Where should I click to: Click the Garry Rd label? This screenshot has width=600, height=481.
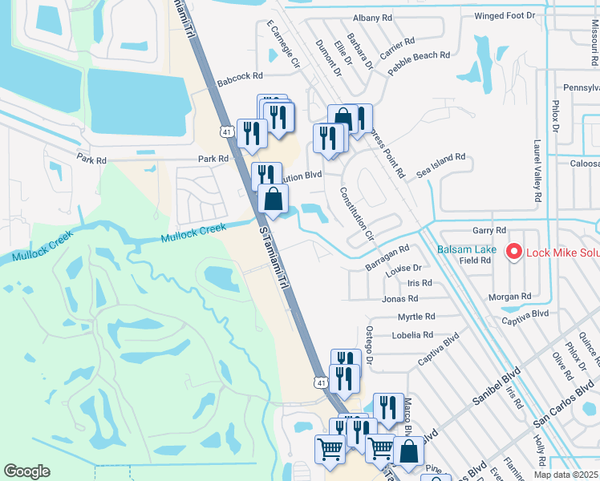(489, 230)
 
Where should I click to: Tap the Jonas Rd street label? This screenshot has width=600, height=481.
(400, 299)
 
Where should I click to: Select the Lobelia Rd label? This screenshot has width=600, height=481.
(412, 335)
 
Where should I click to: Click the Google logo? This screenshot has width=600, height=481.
(26, 471)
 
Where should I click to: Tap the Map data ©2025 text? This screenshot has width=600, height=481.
(566, 475)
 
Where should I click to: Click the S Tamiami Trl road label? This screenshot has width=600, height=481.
(273, 257)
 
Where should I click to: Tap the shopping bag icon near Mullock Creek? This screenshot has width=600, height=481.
(274, 199)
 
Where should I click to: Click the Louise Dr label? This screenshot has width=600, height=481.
(403, 269)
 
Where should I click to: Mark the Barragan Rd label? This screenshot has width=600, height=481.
(388, 257)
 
